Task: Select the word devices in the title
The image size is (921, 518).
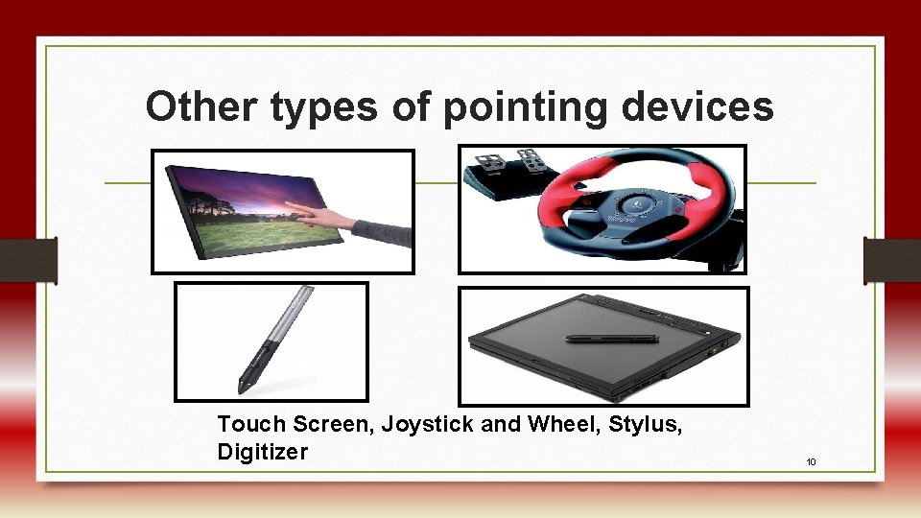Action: tap(697, 107)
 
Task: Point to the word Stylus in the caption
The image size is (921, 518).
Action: tap(649, 424)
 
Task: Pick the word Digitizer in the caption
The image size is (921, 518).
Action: tap(262, 452)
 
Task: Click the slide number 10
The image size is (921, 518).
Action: tap(811, 462)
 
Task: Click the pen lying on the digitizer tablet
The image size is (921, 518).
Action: tap(611, 338)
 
